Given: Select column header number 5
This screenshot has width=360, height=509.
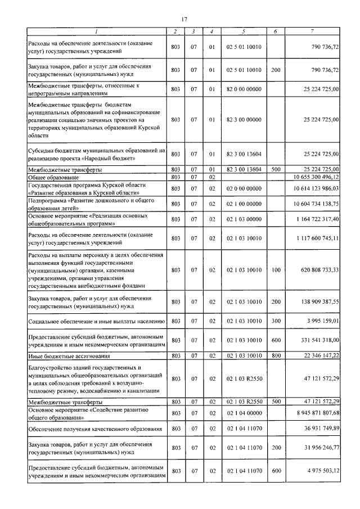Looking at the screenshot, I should tap(244, 31).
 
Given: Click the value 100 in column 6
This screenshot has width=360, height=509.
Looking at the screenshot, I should tap(276, 271).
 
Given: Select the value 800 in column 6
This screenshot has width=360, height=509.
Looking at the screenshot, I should tap(276, 357).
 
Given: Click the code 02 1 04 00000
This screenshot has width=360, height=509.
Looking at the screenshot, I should tap(244, 413).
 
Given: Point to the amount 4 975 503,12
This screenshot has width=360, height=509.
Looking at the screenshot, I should tap(320, 471).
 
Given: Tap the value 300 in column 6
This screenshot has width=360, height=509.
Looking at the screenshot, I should tap(276, 321).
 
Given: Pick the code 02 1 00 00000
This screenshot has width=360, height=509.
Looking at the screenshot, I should tap(244, 204).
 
